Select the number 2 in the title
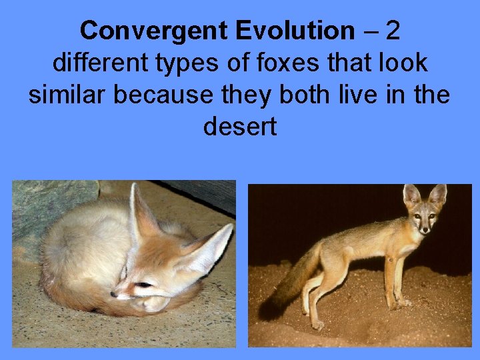pos(393,30)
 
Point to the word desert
pos(239,127)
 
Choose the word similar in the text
pos(68,95)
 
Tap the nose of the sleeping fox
pos(114,294)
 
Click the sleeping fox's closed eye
pos(143,285)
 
